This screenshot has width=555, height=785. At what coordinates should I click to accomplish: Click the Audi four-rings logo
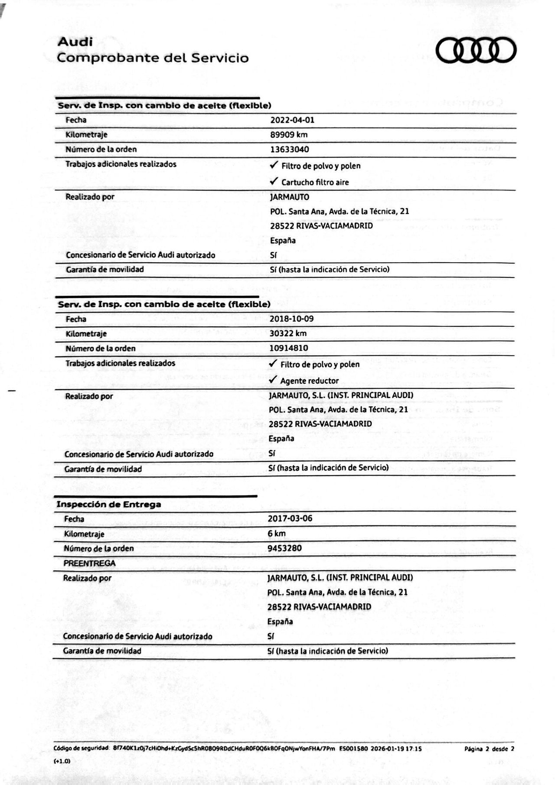coord(476,50)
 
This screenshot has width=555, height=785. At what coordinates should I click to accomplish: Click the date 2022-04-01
coord(292,120)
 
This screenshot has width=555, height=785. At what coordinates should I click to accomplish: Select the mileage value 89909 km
coord(289,135)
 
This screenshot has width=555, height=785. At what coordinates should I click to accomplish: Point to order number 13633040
coord(290,150)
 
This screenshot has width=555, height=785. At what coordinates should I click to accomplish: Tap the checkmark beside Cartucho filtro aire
coord(274,181)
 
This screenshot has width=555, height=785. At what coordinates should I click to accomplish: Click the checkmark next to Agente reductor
coord(273,380)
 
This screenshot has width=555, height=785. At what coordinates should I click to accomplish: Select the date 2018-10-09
coord(291,319)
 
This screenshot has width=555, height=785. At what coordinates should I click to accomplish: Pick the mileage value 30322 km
coord(288,333)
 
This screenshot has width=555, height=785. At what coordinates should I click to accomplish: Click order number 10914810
coord(289,348)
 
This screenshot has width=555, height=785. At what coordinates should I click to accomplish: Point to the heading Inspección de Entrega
coord(109,505)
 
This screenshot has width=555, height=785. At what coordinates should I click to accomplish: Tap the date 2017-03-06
coord(290,518)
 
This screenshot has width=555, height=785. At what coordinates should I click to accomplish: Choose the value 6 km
coord(277,534)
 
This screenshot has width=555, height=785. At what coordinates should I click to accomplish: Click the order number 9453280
coord(284,548)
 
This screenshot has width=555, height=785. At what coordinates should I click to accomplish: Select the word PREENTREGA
coord(89,563)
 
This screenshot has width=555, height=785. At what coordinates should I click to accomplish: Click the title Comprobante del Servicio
coord(153,58)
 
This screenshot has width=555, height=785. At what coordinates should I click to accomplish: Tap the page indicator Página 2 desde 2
coord(489,749)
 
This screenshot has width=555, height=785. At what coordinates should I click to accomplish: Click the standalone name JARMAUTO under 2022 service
coord(290,197)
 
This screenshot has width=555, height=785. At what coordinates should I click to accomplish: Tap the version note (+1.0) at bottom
coord(62,761)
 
